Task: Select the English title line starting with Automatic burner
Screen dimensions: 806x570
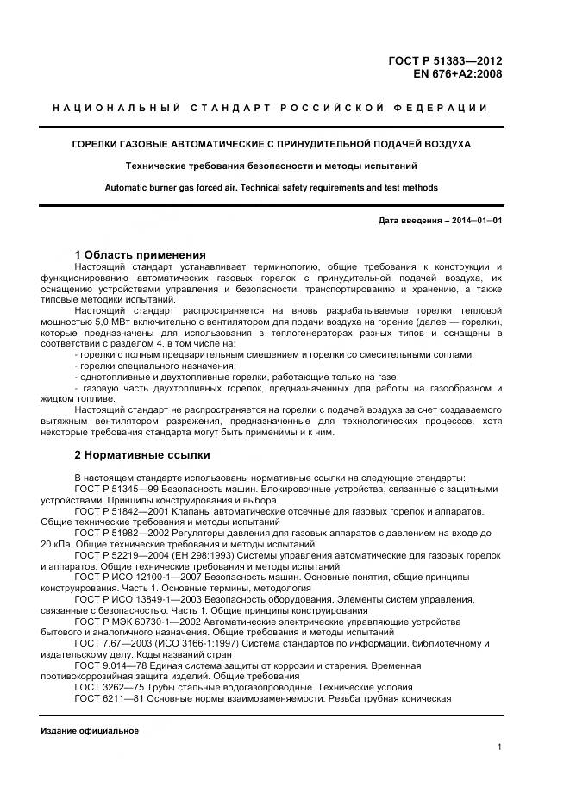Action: click(271, 187)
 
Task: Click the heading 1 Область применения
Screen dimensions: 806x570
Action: click(140, 254)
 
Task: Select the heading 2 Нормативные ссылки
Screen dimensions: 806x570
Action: click(142, 454)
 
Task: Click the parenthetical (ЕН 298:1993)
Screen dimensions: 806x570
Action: click(222, 556)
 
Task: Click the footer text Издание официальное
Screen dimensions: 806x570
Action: click(90, 730)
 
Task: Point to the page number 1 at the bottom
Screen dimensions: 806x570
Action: click(499, 747)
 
